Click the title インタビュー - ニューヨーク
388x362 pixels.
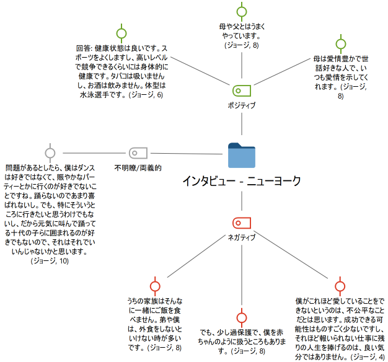click(x=241, y=181)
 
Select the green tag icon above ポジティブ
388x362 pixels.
click(x=241, y=90)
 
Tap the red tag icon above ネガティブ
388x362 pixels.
click(x=241, y=223)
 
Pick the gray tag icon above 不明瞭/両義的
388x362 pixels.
click(x=137, y=152)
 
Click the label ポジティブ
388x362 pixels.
click(x=241, y=105)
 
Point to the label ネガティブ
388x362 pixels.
click(x=241, y=238)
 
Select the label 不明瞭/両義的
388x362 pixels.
click(x=138, y=167)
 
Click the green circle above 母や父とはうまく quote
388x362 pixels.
click(x=242, y=11)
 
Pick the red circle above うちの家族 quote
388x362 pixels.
click(x=155, y=286)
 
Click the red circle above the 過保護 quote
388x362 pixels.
click(x=241, y=316)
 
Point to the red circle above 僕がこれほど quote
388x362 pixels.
click(x=339, y=286)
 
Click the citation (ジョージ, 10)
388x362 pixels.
click(x=50, y=262)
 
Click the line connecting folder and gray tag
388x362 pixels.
click(x=186, y=153)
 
